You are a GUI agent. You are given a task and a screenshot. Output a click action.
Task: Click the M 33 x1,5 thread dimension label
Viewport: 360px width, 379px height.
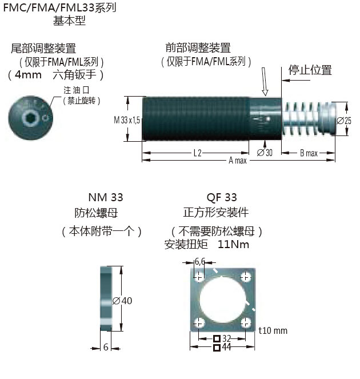(126, 119)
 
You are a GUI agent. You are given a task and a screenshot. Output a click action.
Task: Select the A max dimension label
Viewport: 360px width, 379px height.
(237, 160)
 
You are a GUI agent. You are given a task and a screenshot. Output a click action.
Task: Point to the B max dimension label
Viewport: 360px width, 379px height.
(309, 153)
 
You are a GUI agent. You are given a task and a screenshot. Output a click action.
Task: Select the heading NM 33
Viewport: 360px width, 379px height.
(106, 198)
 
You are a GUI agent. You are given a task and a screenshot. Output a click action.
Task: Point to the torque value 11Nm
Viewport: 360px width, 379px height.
(234, 244)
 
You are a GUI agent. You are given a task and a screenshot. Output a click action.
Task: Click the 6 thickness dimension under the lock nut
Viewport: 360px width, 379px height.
(106, 346)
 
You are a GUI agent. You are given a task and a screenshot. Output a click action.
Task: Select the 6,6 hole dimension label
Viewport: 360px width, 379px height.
(200, 261)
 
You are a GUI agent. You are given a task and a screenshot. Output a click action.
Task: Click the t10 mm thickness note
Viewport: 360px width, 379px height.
(273, 330)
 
